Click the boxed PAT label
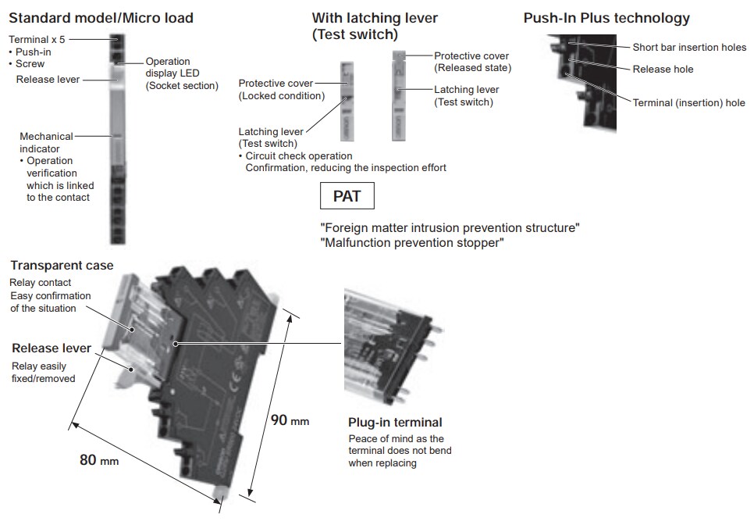pos(347,196)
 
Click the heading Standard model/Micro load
pos(101,18)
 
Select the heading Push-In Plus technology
pos(606,18)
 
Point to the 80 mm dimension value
pos(99,459)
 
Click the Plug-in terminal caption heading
pos(395,423)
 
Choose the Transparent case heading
pos(62,266)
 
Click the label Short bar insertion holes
pos(689,48)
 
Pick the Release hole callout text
pos(663,70)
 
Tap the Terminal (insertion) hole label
pos(688,103)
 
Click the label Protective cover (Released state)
pos(471,62)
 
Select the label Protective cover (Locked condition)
pos(281,89)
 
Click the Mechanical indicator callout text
pos(46,142)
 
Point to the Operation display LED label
pos(182,73)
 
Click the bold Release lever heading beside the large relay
pos(52,348)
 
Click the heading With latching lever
pos(375,18)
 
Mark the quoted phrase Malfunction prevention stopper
pos(412,243)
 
